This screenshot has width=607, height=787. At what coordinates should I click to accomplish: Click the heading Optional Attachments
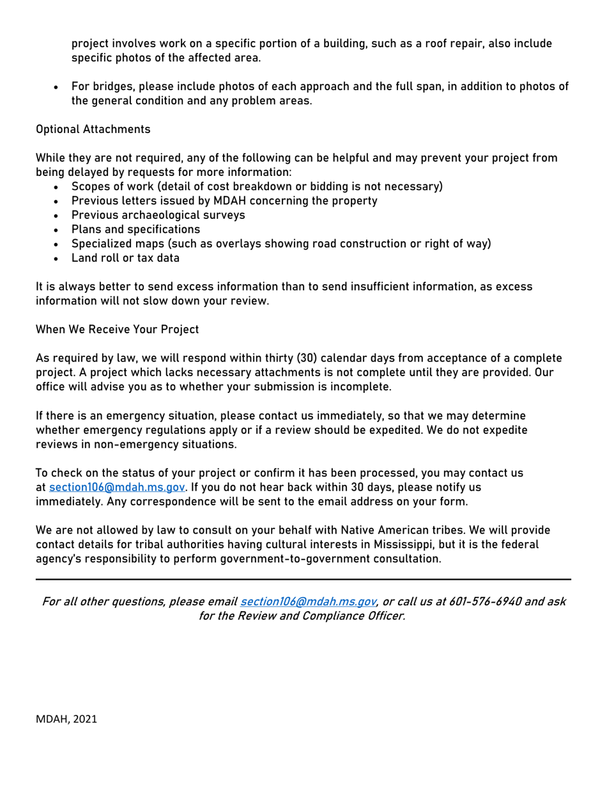[93, 129]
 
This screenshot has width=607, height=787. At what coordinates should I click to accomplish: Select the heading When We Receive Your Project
[117, 330]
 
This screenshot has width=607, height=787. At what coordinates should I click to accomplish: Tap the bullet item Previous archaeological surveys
[158, 215]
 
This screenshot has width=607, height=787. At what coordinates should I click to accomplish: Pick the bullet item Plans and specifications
[135, 229]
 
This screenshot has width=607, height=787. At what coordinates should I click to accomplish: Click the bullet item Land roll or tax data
[125, 258]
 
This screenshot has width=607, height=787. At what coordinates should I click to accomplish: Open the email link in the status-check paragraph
[118, 488]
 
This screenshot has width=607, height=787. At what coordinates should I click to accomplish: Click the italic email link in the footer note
[307, 602]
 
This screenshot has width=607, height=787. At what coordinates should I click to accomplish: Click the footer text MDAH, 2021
[66, 719]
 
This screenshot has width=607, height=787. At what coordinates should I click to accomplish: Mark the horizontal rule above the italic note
[303, 580]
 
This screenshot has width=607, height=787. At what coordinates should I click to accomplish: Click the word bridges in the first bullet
[109, 86]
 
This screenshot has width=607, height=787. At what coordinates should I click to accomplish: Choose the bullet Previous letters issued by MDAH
[224, 201]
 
